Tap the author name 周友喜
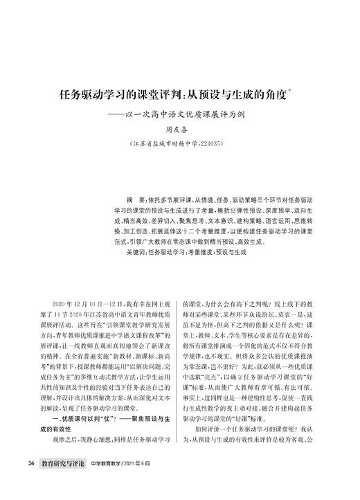click(x=180, y=129)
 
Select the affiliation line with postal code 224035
click(x=181, y=143)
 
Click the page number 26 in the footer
click(x=32, y=481)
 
